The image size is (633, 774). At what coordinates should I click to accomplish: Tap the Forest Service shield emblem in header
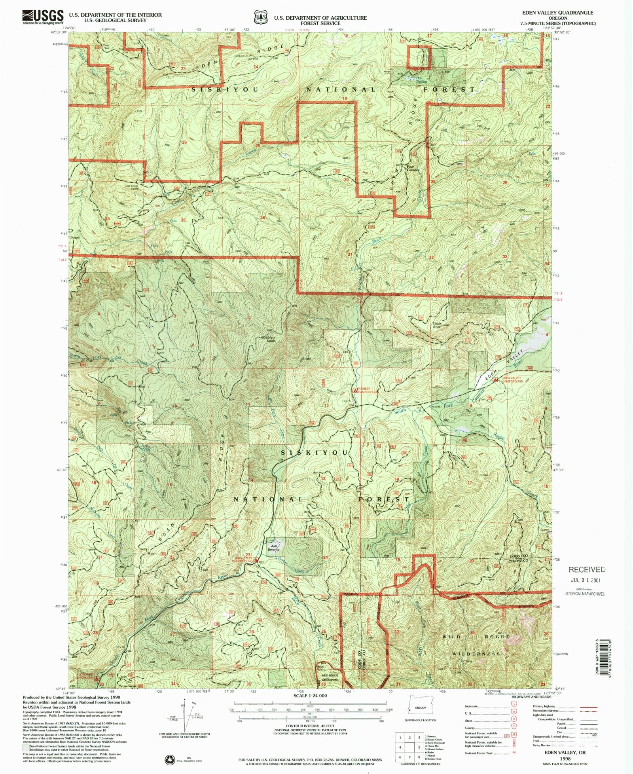[x=260, y=18]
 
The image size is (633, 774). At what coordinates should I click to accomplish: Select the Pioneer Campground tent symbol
[x=355, y=390]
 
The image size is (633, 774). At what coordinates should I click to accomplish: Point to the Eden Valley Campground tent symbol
[x=495, y=379]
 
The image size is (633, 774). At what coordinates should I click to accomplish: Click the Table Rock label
[x=437, y=325]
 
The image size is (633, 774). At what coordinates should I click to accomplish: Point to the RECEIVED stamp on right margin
[x=587, y=570]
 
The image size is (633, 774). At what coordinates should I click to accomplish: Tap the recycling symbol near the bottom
[x=170, y=759]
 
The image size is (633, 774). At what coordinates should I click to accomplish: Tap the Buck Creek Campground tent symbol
[x=256, y=560]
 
